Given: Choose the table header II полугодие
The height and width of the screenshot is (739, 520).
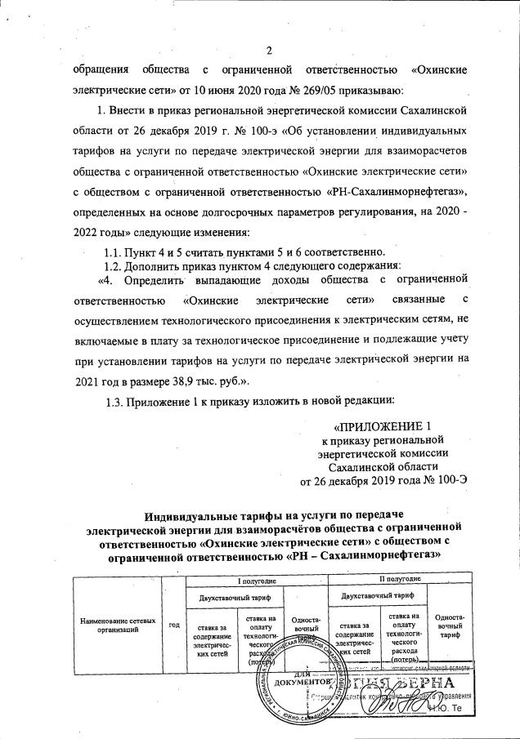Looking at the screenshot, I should [399, 579].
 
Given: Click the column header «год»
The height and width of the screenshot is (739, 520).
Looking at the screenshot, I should [173, 625].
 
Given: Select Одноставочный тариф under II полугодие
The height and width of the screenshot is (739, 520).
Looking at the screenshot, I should [449, 626].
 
